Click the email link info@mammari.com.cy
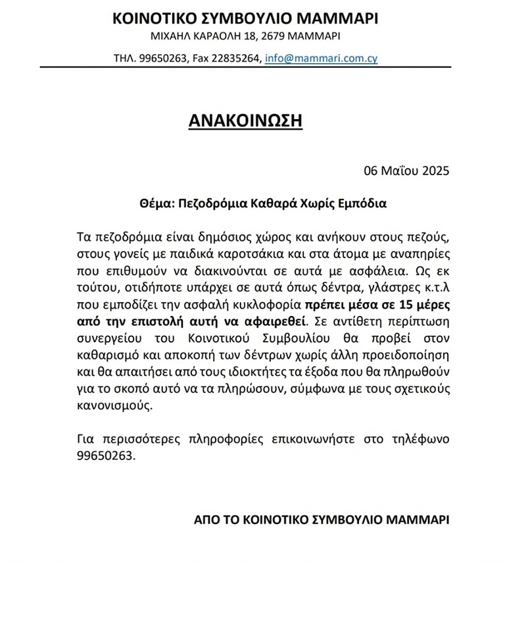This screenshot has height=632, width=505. [321, 58]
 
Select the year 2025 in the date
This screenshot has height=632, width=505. [432, 171]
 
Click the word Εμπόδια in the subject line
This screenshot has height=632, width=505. [362, 203]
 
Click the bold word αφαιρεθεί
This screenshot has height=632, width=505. [282, 322]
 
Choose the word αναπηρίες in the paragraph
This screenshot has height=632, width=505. [423, 253]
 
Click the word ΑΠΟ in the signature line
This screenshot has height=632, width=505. [205, 519]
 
